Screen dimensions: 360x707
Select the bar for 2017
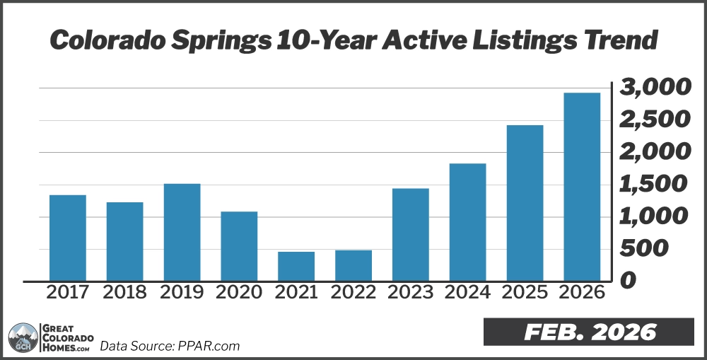[x=68, y=238]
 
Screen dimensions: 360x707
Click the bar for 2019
[x=182, y=232]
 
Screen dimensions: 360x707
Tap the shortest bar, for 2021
[x=296, y=266]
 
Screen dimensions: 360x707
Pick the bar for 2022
[x=353, y=265]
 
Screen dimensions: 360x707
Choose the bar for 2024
[x=467, y=222]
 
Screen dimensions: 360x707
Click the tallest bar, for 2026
[x=582, y=187]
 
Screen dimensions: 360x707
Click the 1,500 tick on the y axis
[x=654, y=185]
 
